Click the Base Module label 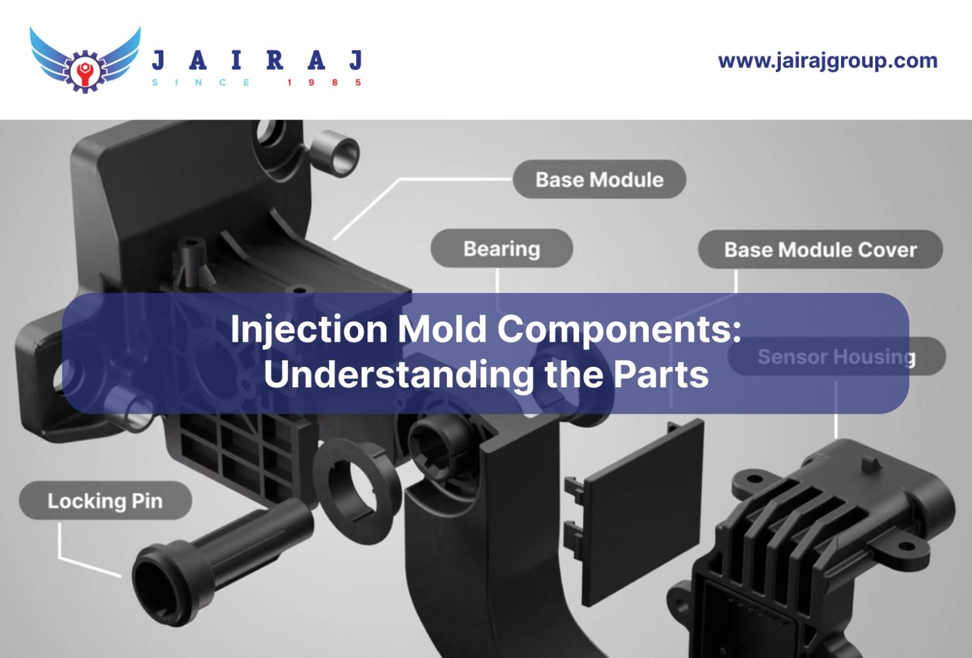pyautogui.click(x=599, y=180)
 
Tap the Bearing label pyautogui.click(x=501, y=249)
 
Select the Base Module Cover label pyautogui.click(x=820, y=250)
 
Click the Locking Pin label pyautogui.click(x=105, y=501)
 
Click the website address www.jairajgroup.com pyautogui.click(x=828, y=61)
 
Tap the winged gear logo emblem pyautogui.click(x=84, y=59)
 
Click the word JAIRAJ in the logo pyautogui.click(x=257, y=60)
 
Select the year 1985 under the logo pyautogui.click(x=323, y=83)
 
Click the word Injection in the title pyautogui.click(x=309, y=330)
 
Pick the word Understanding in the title pyautogui.click(x=399, y=374)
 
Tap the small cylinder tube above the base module pyautogui.click(x=333, y=154)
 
